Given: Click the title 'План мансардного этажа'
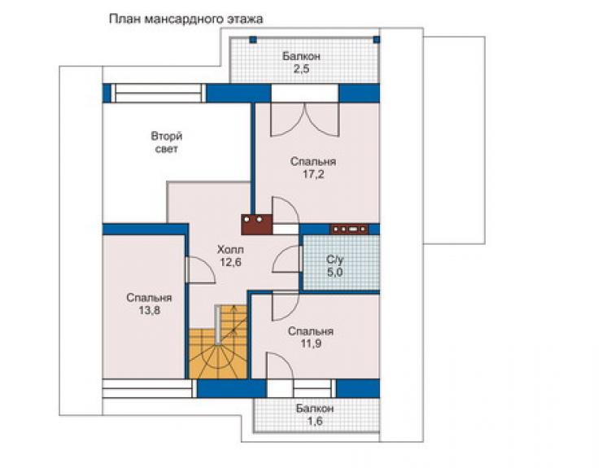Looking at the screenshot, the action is pos(186,19).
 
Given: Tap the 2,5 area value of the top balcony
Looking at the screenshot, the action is pos(301,69).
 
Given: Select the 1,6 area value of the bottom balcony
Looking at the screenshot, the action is pos(315,421).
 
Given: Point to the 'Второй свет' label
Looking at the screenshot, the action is pos(166,142).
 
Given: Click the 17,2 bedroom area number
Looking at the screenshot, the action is pos(313,174).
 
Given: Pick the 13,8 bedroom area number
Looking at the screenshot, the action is pos(149,310).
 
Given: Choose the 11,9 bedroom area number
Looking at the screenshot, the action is pos(311,343).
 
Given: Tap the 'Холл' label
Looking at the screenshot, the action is pos(230,249).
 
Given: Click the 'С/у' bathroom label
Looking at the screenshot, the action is pos(335,260).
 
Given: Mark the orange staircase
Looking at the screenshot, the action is pos(218,342).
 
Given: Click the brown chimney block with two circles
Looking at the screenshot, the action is pos(256,225).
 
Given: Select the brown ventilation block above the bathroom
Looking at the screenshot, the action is pos(349,230).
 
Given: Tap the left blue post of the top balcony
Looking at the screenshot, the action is pos(253,39).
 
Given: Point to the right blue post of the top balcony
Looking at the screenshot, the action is pos(377,39).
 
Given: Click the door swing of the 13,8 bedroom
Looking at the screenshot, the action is pos(200,270).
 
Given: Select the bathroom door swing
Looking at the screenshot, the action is pos(286,259).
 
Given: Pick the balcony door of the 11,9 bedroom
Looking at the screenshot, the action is pos(280,366).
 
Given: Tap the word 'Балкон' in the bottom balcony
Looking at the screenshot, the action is pos(315,408).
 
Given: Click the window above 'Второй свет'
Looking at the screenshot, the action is pos(158,93).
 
